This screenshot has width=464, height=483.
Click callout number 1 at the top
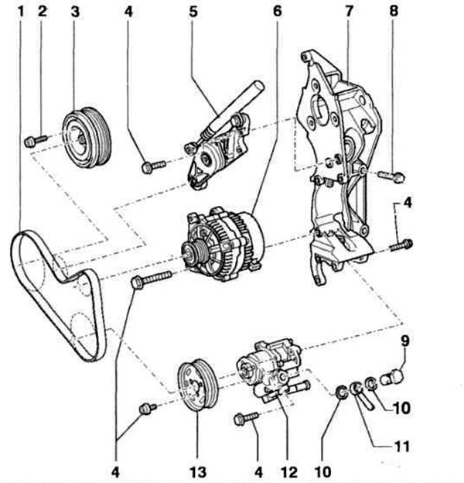(x=21, y=12)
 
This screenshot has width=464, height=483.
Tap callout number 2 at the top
(x=43, y=12)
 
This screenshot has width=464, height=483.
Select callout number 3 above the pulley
(x=75, y=12)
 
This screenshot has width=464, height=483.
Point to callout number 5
(x=193, y=12)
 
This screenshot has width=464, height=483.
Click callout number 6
(x=277, y=12)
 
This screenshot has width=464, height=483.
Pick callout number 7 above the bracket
(x=349, y=12)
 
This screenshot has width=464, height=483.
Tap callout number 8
(x=394, y=11)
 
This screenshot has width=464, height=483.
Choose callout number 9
(x=405, y=341)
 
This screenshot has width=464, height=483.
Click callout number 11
(x=401, y=447)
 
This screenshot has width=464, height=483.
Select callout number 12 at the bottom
(x=289, y=472)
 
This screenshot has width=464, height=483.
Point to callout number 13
(x=197, y=472)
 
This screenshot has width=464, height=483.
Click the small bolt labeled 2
(x=35, y=141)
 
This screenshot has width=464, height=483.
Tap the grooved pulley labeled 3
(x=87, y=138)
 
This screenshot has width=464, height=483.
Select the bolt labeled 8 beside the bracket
(x=391, y=176)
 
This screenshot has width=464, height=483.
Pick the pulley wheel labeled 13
(x=198, y=385)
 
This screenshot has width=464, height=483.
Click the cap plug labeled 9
(x=391, y=377)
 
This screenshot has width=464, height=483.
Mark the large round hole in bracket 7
(x=320, y=108)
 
